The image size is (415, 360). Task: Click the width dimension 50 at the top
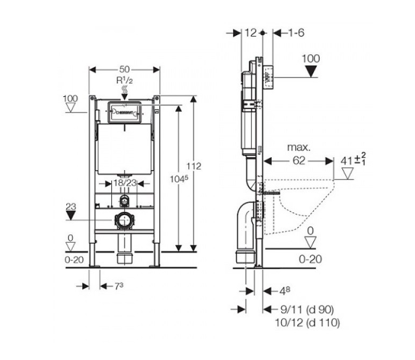(x=125, y=69)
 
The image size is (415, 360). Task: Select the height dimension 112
(x=194, y=166)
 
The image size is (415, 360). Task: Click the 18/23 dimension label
(x=125, y=182)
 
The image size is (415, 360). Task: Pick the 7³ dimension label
(x=119, y=286)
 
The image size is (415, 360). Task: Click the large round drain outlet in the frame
(x=125, y=220)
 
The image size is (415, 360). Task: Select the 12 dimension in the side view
(x=250, y=33)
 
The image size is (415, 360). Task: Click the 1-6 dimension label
(x=296, y=33)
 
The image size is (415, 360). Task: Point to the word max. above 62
(x=298, y=146)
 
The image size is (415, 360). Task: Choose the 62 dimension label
(x=298, y=160)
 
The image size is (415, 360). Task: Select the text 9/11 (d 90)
(x=306, y=309)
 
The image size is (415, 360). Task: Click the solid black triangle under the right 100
(x=311, y=71)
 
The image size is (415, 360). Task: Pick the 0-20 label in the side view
(x=309, y=259)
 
